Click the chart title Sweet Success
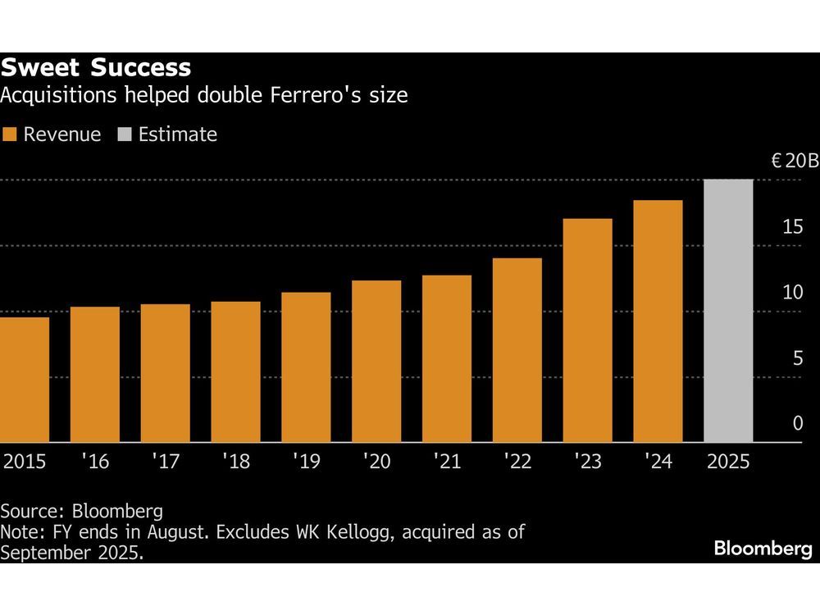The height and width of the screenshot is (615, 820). pos(96,67)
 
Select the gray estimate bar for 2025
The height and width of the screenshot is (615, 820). pos(728,311)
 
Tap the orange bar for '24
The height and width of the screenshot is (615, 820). pos(658,321)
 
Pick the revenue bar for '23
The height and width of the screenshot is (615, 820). pos(587,330)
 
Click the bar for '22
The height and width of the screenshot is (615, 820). pos(517,350)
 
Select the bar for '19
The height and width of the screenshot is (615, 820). pos(306,367)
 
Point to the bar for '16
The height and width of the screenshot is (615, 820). pos(95,375)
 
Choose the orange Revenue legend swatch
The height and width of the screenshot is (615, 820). pos(10,134)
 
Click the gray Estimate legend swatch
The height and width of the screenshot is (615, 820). pos(125,134)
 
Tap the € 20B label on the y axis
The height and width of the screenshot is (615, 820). pos(794,161)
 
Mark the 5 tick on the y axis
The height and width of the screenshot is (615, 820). pos(796,358)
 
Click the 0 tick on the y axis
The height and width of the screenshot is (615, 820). pos(797,423)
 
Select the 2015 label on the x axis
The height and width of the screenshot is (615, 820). pos(25,462)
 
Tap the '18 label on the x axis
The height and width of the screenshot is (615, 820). pos(235,462)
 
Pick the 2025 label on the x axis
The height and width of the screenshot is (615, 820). pos(728,462)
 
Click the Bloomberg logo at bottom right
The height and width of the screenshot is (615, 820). pos(763,549)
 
